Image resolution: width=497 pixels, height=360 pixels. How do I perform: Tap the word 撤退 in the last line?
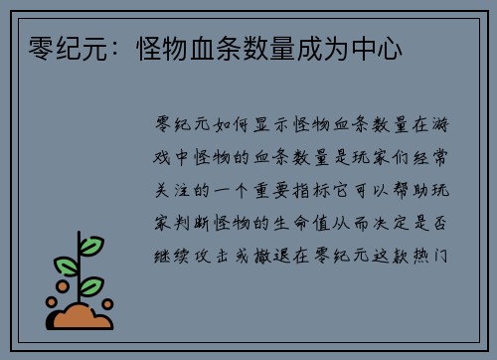click(x=283, y=255)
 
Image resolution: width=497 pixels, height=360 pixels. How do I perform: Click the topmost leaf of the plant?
click(x=90, y=245)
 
